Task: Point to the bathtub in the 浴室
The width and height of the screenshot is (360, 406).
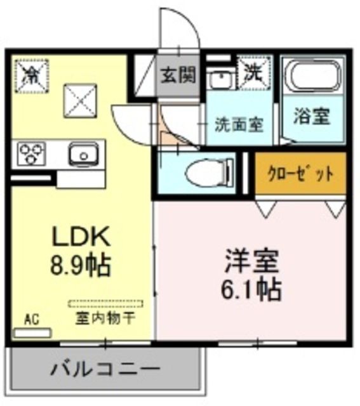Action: [311, 77]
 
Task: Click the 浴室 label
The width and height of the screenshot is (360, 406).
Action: [311, 117]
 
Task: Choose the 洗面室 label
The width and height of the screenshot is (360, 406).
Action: [237, 124]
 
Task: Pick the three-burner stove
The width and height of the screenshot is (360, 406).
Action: [30, 154]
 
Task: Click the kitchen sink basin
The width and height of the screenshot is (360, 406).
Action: [81, 154]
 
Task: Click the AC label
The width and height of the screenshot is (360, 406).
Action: [30, 318]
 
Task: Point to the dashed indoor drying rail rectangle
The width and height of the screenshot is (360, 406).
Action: [106, 304]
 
